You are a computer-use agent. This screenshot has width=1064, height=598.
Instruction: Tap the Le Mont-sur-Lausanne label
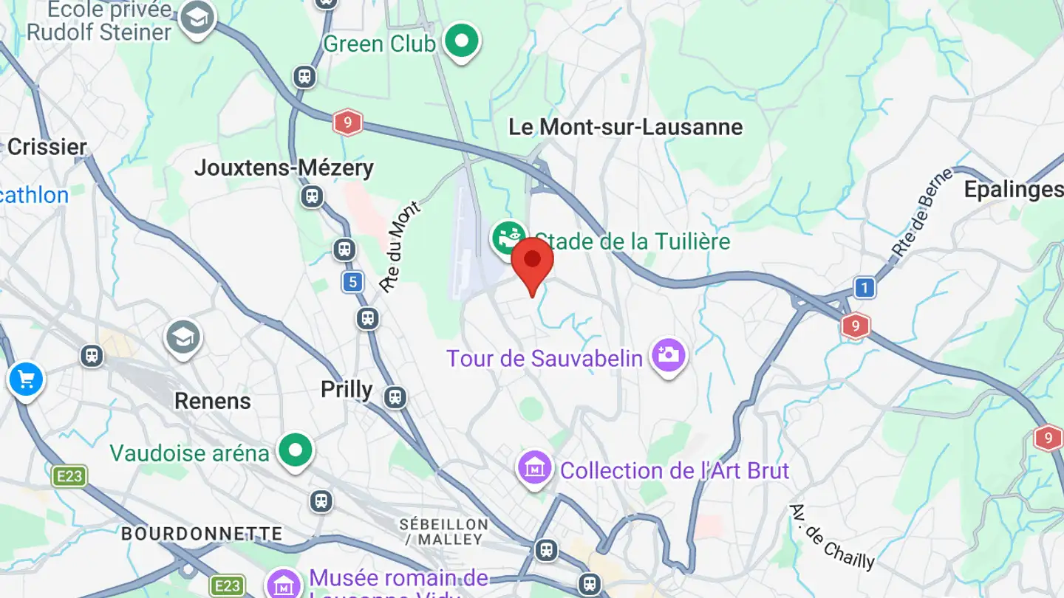tap(625, 127)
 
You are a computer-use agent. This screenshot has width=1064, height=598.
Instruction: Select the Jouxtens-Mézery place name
tap(284, 168)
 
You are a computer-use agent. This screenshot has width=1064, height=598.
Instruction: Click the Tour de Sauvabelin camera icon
tap(669, 355)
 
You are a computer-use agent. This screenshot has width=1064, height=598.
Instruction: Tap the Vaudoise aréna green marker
tap(296, 449)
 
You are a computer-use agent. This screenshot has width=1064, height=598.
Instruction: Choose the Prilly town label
tap(347, 389)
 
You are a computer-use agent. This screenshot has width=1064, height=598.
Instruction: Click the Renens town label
tap(213, 401)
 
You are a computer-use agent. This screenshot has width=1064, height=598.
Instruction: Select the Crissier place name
tap(47, 146)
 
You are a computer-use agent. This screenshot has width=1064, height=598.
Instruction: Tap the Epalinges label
tap(1013, 190)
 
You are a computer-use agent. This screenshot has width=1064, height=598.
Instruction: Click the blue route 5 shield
tap(353, 281)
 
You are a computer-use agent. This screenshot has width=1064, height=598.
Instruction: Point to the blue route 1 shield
tap(864, 287)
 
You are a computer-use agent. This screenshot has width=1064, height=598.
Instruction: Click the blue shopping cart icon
tap(26, 380)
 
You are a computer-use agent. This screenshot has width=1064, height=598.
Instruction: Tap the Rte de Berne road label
tap(912, 213)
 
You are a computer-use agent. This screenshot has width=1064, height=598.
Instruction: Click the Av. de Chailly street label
tap(831, 537)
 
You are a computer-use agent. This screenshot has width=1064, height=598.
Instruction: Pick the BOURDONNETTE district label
tap(202, 533)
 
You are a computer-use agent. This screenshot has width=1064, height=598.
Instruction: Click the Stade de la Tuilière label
tap(632, 241)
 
